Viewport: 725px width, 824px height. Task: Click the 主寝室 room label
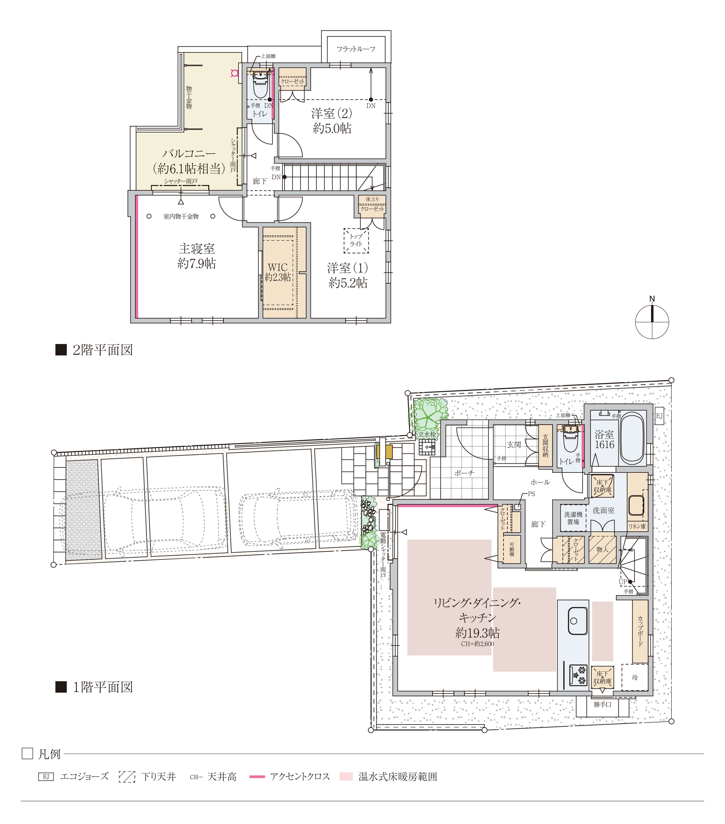point(197,248)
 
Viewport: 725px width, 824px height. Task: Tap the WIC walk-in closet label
point(278,267)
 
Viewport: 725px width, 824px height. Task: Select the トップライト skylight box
point(356,241)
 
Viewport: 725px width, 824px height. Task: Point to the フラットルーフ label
point(356,49)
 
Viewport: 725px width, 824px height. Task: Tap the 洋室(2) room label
point(332,113)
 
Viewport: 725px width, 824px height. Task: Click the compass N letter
point(652,299)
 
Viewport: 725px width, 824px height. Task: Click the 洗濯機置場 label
point(573,518)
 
